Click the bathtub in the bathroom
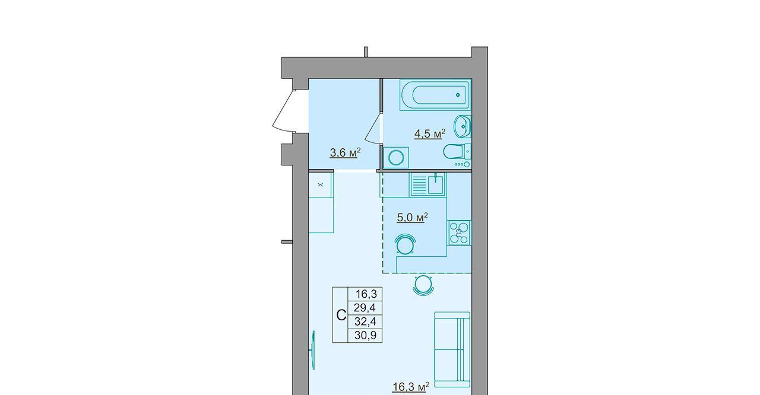435,94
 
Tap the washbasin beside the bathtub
463,126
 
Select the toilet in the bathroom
457,151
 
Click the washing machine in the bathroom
396,158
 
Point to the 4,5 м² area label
429,134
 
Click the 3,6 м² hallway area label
345,153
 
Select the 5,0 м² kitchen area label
412,218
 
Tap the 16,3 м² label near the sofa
411,387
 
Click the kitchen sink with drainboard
428,184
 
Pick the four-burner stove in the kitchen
460,232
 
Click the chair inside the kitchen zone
406,244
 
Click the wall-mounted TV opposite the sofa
313,351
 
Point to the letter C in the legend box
341,316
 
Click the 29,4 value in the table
365,308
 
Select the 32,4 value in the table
365,321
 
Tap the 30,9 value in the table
365,335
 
